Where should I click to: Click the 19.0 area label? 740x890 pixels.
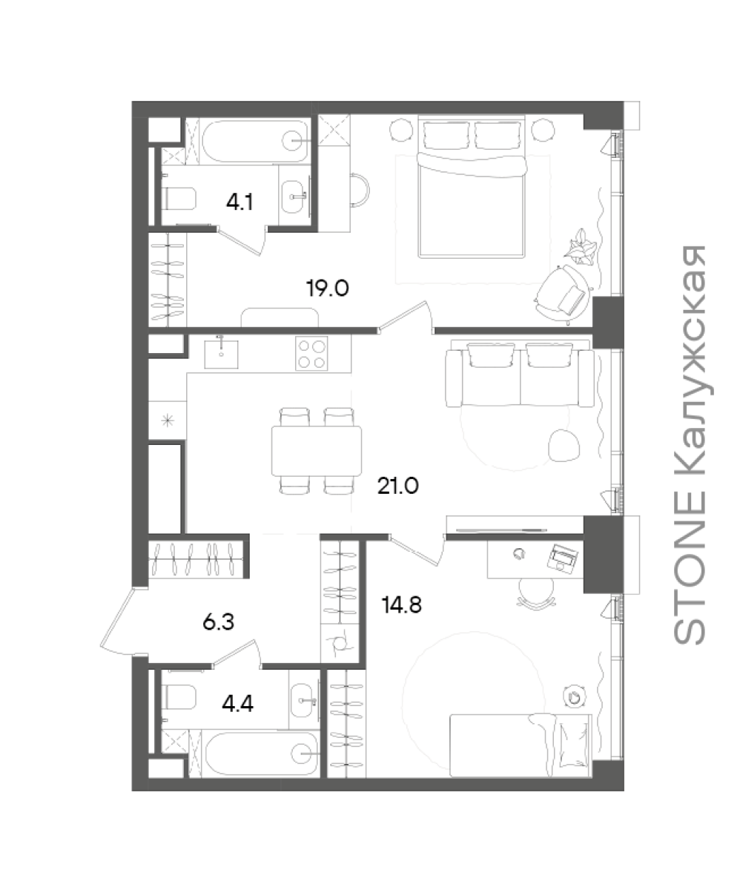[328, 289]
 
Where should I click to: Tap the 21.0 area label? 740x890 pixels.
[398, 486]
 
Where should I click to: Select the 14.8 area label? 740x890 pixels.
[402, 604]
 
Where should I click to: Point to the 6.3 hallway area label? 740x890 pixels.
[218, 622]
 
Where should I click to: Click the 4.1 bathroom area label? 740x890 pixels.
[239, 202]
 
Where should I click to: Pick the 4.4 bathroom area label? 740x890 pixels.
[237, 703]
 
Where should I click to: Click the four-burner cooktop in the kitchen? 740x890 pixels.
[311, 353]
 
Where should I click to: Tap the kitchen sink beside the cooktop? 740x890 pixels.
[221, 354]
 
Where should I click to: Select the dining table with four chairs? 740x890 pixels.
[317, 451]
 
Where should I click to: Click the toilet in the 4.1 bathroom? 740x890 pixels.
[179, 199]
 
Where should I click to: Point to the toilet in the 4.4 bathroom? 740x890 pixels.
[179, 697]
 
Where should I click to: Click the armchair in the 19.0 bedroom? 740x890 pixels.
[564, 294]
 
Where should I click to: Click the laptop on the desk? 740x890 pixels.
[563, 557]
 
